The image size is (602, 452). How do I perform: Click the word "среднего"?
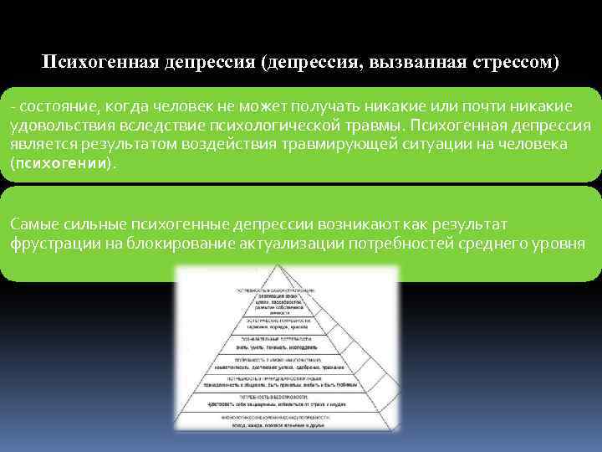pyautogui.click(x=486, y=243)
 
